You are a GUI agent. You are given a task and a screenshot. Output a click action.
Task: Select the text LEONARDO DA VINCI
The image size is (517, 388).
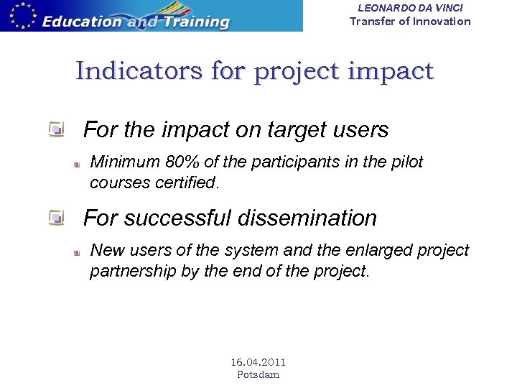(410, 7)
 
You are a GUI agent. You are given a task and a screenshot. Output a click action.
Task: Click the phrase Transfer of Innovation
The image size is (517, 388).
(410, 21)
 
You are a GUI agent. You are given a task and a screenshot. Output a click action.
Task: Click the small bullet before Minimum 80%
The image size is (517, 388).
(75, 165)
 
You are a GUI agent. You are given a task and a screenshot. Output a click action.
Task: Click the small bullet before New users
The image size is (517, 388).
(75, 253)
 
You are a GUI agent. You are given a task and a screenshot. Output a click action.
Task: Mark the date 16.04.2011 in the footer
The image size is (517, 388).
(258, 362)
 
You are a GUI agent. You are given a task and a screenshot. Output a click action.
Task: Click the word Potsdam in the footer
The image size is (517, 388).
(258, 374)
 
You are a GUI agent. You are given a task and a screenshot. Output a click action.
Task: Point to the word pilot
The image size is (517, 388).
(406, 162)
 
